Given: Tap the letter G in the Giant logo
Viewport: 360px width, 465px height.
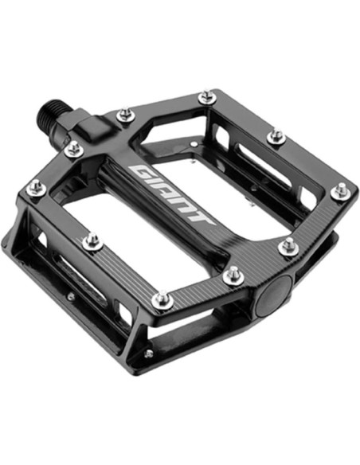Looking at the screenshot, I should tap(143, 172).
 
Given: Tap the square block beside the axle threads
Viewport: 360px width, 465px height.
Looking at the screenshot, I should tap(88, 125).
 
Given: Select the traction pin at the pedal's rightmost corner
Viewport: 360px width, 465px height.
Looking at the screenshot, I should tap(340, 191).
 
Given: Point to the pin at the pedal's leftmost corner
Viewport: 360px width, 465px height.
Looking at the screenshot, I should tap(35, 188).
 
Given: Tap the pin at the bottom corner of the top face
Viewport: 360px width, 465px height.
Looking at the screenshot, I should tap(161, 300).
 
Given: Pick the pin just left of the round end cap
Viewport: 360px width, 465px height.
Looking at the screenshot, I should tap(233, 275).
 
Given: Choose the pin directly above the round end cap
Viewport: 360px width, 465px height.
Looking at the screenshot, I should tap(288, 246).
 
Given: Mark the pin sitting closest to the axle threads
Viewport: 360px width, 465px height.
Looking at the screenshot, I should tap(73, 148).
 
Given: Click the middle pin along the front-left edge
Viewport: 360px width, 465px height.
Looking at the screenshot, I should tap(92, 240).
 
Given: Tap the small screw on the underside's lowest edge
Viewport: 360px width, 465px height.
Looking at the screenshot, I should tap(149, 354).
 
